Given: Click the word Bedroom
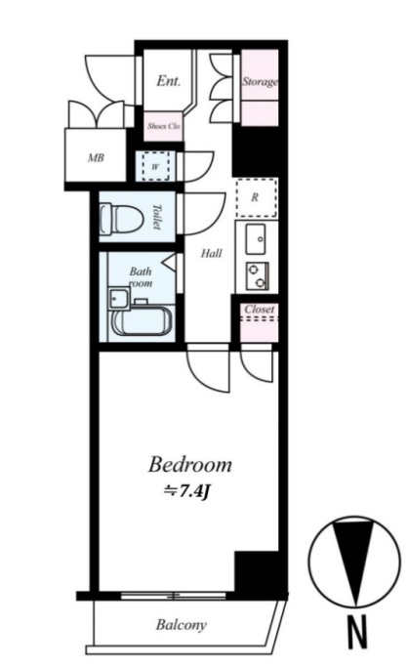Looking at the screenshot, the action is tap(190, 464).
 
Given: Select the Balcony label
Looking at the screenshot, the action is tap(181, 625).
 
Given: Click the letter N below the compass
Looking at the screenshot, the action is tap(357, 633).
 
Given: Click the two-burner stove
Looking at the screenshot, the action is tap(257, 275).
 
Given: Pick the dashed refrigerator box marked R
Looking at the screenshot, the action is tap(257, 197).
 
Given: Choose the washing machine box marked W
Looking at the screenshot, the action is tap(155, 167).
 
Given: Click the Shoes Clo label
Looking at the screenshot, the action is tap(164, 126).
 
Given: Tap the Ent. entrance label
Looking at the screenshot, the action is tap(168, 80).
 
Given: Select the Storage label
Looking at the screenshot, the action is tap(260, 81).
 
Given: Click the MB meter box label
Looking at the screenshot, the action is tap(96, 158).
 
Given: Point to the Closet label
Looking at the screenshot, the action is tap(259, 309).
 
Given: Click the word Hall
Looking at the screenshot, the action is tap(211, 254).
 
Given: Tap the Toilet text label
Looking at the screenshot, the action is tap(157, 217).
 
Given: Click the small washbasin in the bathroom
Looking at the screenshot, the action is tap(119, 297).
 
